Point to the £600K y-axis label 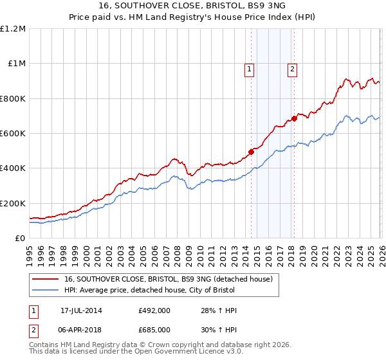[x=13, y=133]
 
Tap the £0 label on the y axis [x=21, y=238]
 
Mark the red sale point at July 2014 [x=251, y=152]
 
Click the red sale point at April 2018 [x=294, y=118]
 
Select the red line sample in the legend [x=46, y=279]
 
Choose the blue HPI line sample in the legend [x=46, y=291]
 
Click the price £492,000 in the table [x=154, y=311]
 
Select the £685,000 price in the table [x=154, y=329]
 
